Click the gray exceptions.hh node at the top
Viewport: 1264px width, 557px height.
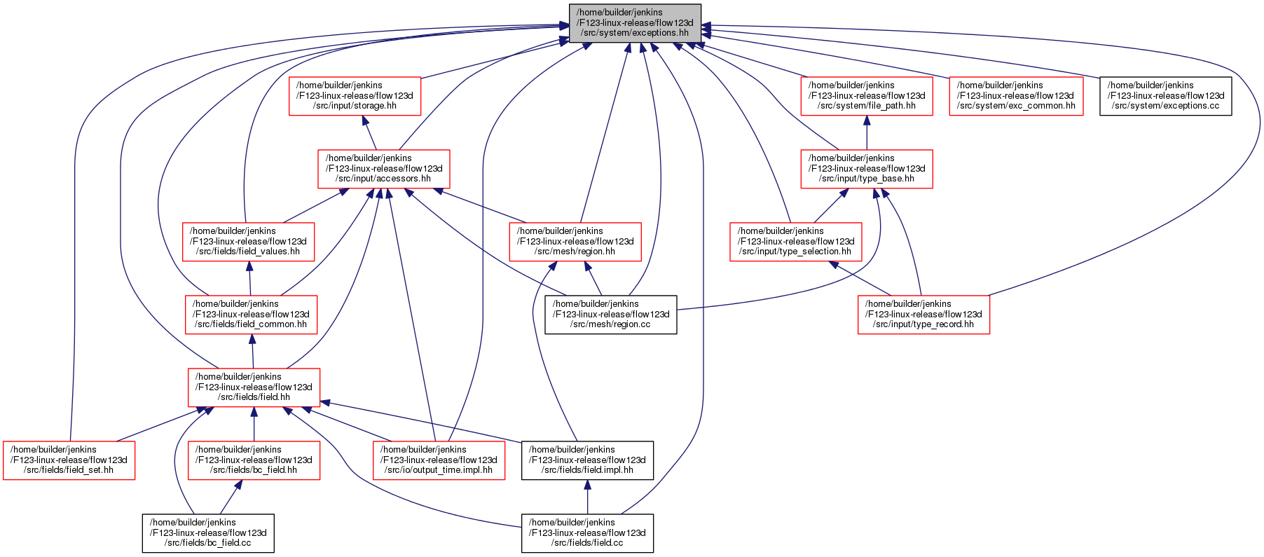pos(635,23)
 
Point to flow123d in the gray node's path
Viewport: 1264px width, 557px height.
pos(674,23)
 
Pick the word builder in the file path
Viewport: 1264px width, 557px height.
pos(614,13)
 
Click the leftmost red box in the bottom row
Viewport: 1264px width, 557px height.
pos(69,460)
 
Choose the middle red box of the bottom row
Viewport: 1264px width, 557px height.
pos(254,460)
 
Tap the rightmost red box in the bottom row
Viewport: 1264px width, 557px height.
pos(439,460)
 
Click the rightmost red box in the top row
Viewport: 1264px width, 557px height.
pos(1016,96)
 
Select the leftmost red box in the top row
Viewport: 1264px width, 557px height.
pos(355,96)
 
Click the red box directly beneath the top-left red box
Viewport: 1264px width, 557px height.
pos(384,169)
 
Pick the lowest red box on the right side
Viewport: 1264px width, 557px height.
pos(924,315)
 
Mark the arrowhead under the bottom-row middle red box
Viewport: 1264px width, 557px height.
pos(239,486)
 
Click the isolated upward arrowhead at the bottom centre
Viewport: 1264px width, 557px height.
pos(587,485)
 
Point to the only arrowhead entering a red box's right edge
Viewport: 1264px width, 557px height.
pos(326,402)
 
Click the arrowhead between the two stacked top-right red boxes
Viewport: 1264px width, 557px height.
pos(867,121)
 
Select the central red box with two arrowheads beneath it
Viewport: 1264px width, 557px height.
pos(575,242)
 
